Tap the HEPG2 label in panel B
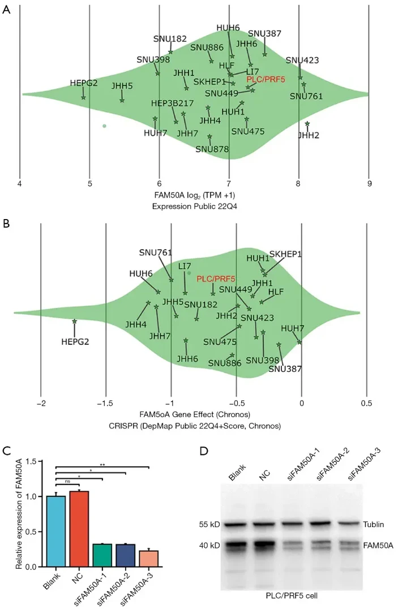pos(75,341)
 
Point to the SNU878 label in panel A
pos(212,149)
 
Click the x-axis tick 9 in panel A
pos(369,183)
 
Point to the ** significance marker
pos(102,465)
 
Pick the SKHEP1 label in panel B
pos(285,254)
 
